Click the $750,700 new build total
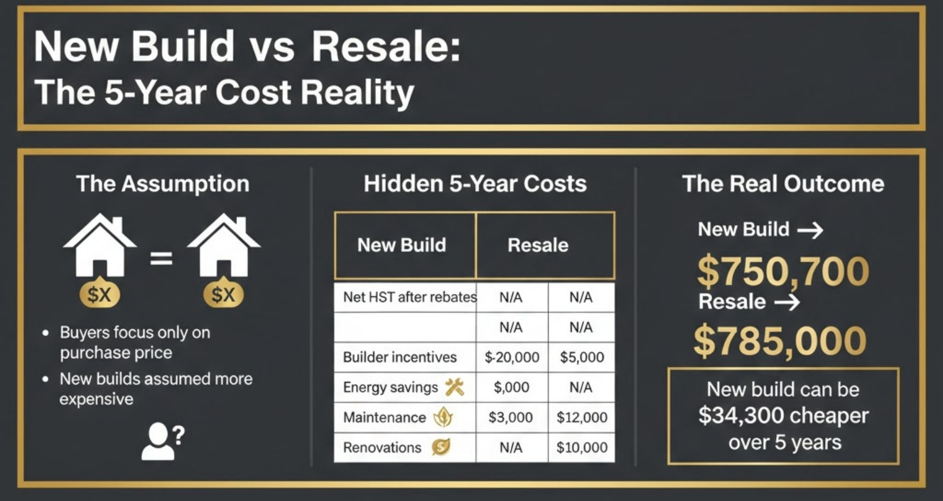783,271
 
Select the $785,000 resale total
780,341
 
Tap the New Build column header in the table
401,245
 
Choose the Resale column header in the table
538,245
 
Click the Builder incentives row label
400,357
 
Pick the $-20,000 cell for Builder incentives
512,357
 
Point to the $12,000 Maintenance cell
582,417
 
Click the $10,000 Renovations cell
582,447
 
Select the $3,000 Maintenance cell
510,417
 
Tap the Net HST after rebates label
410,297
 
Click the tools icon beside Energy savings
454,387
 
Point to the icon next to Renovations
441,447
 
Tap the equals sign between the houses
161,258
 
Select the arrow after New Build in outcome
810,230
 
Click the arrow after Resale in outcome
787,302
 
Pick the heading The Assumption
163,184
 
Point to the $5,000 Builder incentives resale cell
582,357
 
